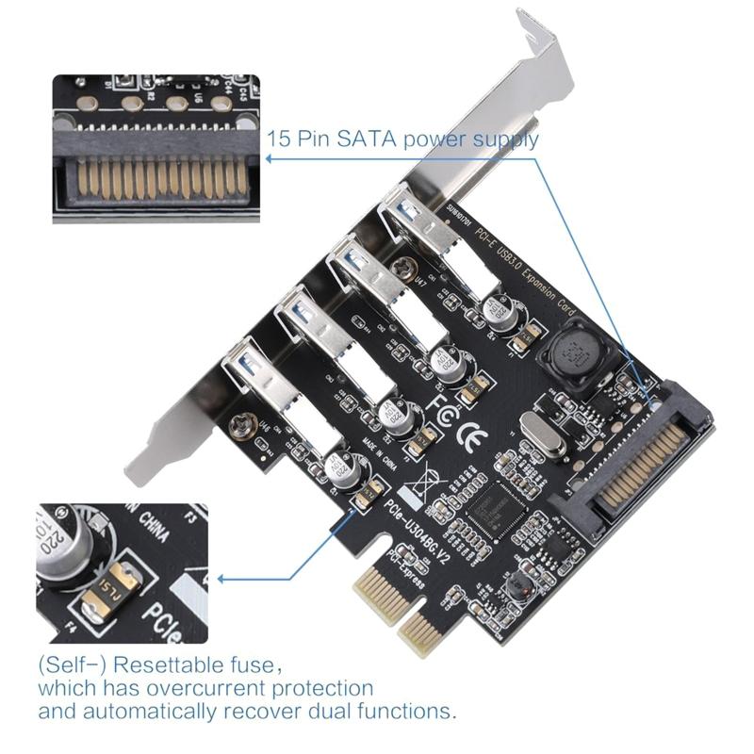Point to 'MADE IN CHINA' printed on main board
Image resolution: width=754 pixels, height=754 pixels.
375,462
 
